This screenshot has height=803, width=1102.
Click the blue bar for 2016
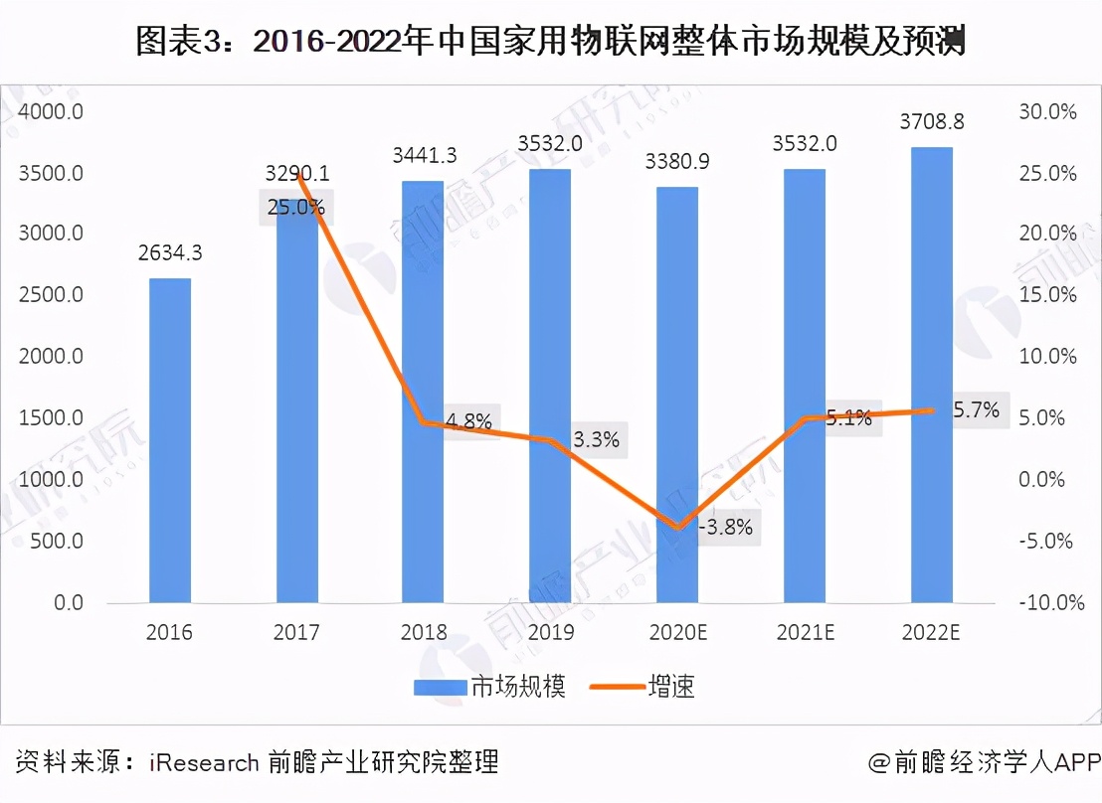pyautogui.click(x=169, y=440)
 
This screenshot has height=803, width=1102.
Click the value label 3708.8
pyautogui.click(x=932, y=123)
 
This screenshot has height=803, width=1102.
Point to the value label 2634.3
pyautogui.click(x=169, y=253)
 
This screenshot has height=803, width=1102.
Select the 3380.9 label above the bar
pyautogui.click(x=678, y=161)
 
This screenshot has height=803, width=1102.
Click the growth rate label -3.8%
pyautogui.click(x=724, y=527)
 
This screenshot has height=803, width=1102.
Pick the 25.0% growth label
pyautogui.click(x=295, y=208)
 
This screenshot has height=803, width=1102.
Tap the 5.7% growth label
pyautogui.click(x=976, y=408)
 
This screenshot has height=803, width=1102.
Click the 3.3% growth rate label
pyautogui.click(x=596, y=439)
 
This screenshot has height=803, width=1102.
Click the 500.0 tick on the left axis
pyautogui.click(x=54, y=542)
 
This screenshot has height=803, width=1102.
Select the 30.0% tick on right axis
pyautogui.click(x=1047, y=111)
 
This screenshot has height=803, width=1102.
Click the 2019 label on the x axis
pyautogui.click(x=550, y=633)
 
